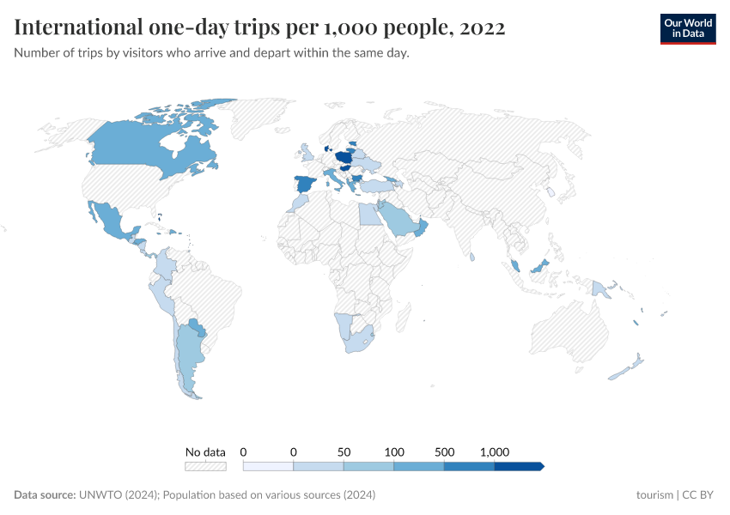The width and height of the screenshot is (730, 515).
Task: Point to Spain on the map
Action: coord(306,184)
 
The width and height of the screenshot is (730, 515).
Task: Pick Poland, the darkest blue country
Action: coord(345,160)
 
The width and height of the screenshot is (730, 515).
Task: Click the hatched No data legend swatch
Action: coord(205,466)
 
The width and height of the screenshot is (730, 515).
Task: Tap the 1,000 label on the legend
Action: coord(495,451)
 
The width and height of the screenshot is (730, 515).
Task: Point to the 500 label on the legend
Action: coord(444,451)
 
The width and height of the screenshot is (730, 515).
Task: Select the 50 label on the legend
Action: coord(344,451)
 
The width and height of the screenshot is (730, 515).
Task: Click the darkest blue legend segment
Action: coord(518,466)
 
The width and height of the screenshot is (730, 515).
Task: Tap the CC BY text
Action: coord(699,495)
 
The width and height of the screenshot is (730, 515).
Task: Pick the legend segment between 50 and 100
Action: coord(368,466)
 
